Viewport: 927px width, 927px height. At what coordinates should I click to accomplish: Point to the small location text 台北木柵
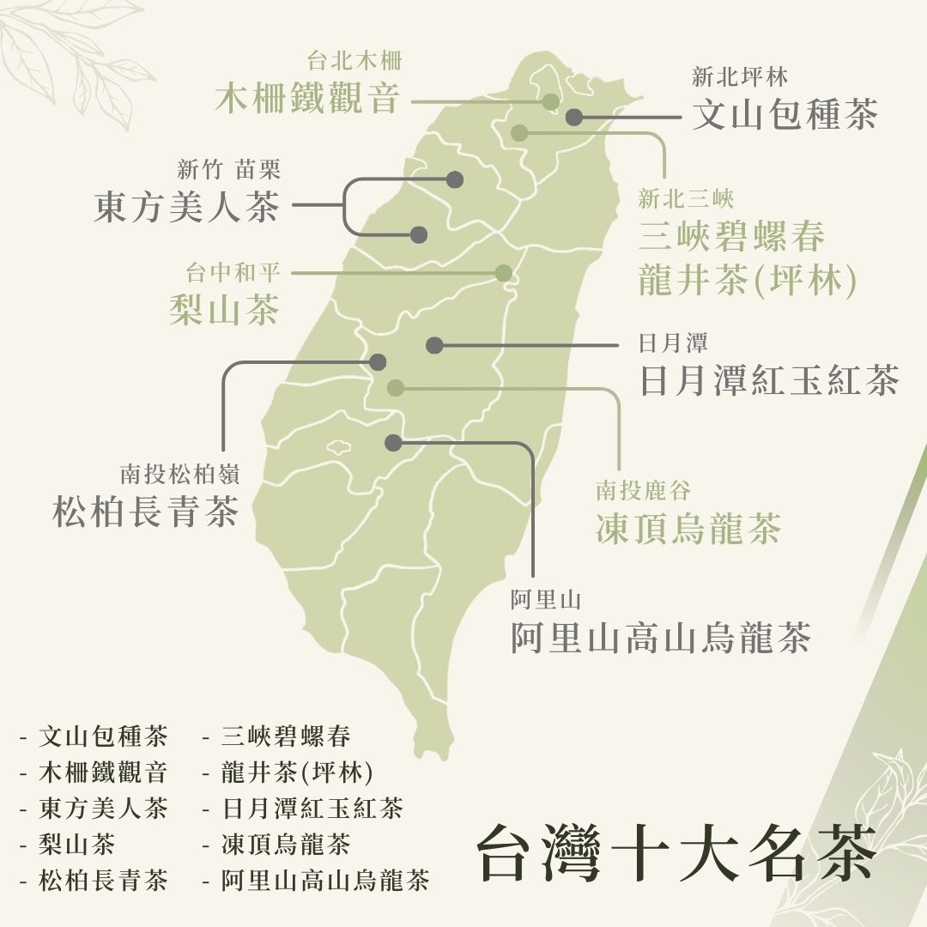click(354, 61)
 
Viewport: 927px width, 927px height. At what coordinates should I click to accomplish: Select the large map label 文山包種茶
click(785, 114)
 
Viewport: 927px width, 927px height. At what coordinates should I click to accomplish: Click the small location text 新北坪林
click(739, 77)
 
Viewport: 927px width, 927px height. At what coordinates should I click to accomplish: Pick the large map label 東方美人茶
click(186, 207)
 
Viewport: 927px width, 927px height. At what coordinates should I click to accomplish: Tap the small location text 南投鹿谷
click(643, 491)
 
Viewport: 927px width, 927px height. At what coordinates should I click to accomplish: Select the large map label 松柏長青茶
click(145, 512)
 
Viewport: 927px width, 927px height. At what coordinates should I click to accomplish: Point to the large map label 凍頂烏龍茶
click(688, 529)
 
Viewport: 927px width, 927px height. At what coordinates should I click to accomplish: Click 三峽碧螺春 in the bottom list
click(286, 736)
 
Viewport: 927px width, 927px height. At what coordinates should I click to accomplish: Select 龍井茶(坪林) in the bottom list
click(297, 772)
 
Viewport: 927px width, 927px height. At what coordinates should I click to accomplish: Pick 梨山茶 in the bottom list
click(77, 845)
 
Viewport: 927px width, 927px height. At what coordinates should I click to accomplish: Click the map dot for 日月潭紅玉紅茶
click(434, 345)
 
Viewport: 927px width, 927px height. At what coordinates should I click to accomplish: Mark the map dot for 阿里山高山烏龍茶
click(393, 442)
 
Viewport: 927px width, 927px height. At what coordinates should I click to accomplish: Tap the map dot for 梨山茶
click(504, 273)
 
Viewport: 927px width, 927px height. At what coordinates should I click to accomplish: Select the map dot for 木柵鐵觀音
click(551, 101)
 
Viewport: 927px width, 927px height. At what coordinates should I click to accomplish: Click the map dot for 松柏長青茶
click(378, 362)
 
